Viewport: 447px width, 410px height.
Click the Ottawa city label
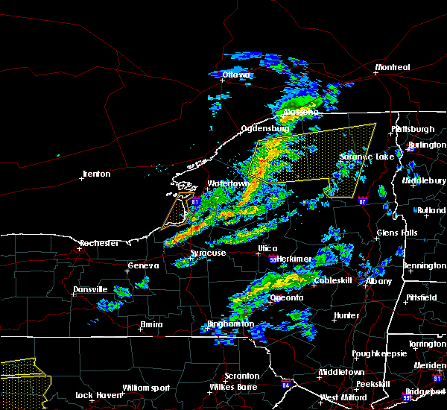[x=238, y=75]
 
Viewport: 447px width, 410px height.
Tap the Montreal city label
[x=393, y=68]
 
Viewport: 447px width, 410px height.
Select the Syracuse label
[x=208, y=253]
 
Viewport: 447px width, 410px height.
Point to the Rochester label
[x=100, y=243]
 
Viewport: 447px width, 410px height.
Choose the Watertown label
[x=228, y=183]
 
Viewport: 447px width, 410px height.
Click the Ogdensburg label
[x=264, y=128]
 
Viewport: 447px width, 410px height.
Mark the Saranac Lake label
[x=367, y=157]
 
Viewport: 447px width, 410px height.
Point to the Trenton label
[x=95, y=174]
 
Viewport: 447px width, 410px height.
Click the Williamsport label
[x=146, y=388]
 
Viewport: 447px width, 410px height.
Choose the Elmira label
[x=151, y=324]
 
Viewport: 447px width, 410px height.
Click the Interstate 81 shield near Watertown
[x=194, y=201]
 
